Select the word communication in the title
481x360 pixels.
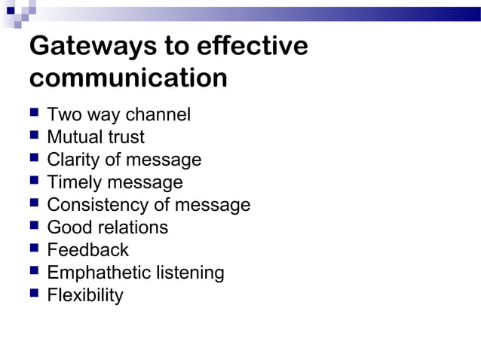[128, 78]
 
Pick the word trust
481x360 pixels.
[127, 138]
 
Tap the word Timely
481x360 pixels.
[74, 183]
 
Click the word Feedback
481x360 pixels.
[87, 250]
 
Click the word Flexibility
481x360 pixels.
[84, 295]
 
